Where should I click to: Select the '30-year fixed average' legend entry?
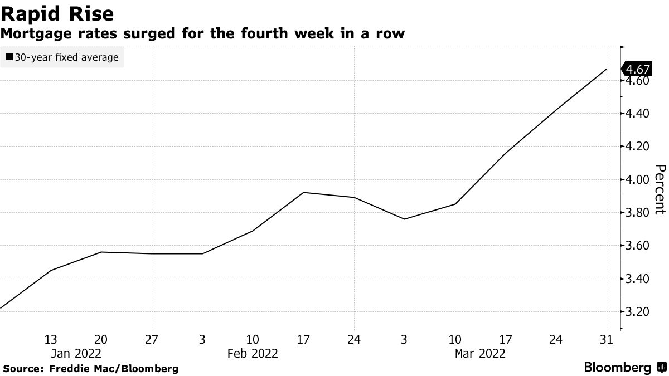coord(62,57)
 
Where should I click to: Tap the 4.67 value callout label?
coord(637,69)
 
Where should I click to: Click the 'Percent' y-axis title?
coord(660,189)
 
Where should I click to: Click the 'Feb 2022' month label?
coord(253,353)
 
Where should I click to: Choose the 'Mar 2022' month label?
coord(480,353)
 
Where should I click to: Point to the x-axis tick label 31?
coord(606,339)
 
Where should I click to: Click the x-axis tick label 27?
coord(152,339)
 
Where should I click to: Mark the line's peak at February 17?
coord(303,193)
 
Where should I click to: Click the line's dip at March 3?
coord(404,219)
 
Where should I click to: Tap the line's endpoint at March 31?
coord(607,69)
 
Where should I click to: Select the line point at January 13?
coord(51,270)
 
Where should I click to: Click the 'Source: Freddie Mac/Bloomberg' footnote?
coord(91,369)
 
